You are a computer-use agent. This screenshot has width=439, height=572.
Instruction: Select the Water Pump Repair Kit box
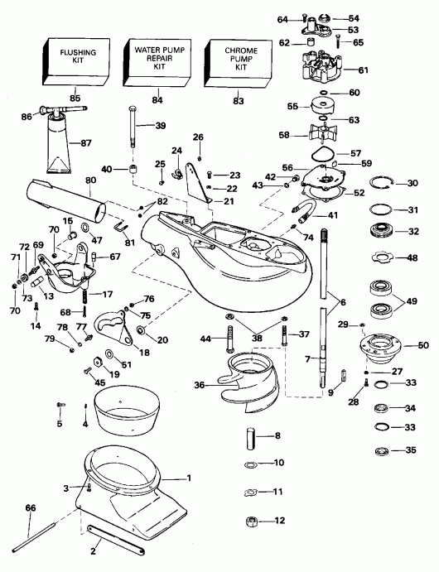157,63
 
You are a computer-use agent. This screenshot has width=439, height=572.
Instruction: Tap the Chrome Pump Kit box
241,63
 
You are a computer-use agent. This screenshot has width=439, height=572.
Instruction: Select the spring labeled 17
85,294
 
